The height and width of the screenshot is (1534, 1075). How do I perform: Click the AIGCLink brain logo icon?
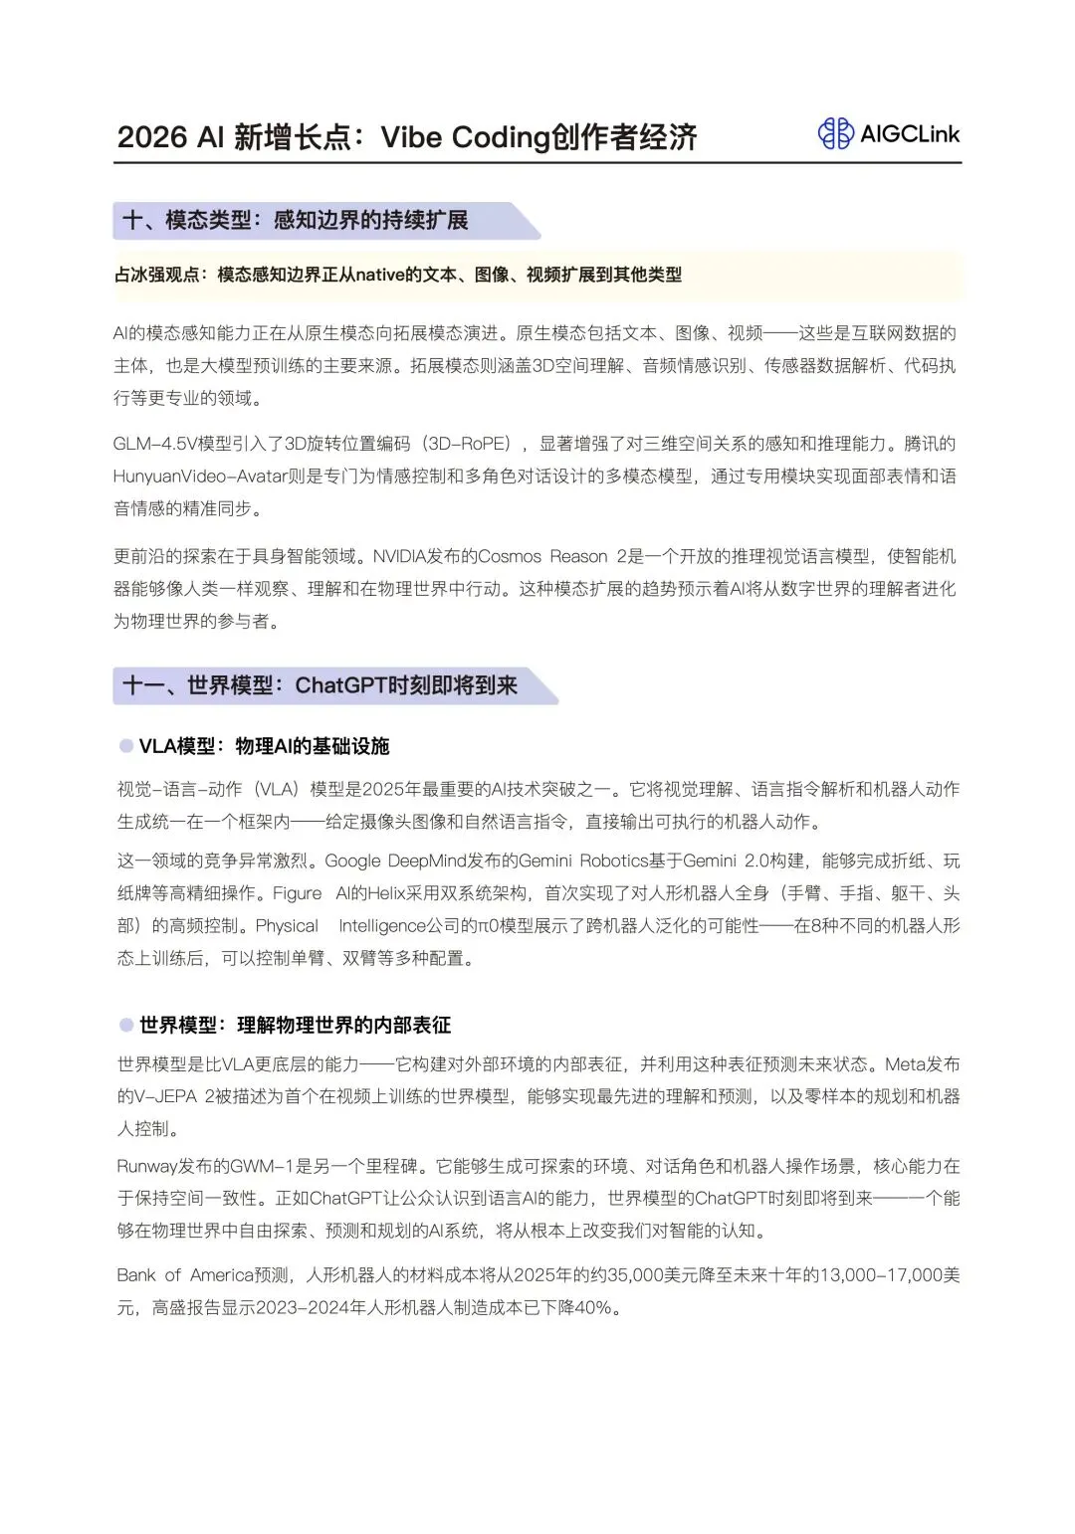point(835,133)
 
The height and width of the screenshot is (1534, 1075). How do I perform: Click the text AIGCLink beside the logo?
point(910,134)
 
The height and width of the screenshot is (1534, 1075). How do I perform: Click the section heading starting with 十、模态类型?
point(295,220)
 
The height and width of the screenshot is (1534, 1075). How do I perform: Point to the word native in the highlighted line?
point(380,275)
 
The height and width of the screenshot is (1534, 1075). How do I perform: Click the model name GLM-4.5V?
point(154,444)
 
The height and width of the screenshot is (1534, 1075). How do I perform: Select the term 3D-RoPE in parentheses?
point(471,444)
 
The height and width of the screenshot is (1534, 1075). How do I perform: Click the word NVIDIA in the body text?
point(401,556)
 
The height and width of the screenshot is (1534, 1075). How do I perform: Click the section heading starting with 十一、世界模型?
point(320,685)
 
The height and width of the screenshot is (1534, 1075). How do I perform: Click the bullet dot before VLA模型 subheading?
point(126,746)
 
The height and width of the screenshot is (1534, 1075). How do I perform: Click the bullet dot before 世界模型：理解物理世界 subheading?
point(126,1025)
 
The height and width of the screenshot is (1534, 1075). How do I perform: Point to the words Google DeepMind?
point(396,861)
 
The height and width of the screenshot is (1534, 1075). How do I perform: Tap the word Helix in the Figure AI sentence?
point(387,893)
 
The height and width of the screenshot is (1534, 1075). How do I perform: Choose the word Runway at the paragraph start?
point(147,1166)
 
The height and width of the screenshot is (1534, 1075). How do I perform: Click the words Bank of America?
point(185,1274)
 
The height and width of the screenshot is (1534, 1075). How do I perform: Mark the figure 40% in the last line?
point(593,1307)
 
